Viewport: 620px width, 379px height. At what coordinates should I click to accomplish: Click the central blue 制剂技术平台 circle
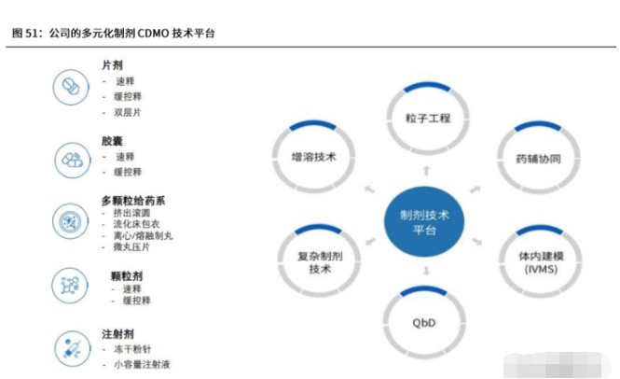pos(424,221)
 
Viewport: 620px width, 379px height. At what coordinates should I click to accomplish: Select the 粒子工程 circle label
pos(428,118)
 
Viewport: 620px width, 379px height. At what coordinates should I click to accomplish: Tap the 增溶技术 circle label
pos(313,157)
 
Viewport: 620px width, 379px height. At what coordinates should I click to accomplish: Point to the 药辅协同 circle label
pos(538,159)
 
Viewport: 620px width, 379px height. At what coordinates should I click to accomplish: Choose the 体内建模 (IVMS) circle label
pos(541,262)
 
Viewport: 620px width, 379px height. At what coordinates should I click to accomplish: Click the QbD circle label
pos(424,323)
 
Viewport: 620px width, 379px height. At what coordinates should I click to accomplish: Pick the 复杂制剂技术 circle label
pos(320,262)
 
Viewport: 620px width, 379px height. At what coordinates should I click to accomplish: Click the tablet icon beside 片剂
pos(71,87)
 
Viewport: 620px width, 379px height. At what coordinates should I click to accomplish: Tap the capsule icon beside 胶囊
pos(73,160)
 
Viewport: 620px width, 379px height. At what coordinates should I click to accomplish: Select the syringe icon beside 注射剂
pos(73,348)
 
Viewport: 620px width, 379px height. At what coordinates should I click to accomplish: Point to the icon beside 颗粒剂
pos(70,286)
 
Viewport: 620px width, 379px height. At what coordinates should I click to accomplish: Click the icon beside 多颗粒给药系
pos(70,221)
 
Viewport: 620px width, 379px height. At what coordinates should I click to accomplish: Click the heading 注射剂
pos(117,334)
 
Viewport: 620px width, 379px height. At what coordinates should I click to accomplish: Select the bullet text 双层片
pos(128,112)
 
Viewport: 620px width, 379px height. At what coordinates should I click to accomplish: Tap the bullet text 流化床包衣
pos(136,224)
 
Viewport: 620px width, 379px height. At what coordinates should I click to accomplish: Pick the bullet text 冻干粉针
pos(132,349)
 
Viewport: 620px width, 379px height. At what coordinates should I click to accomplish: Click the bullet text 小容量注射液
pos(142,364)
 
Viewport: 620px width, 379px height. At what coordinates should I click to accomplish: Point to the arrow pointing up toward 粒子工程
pos(426,171)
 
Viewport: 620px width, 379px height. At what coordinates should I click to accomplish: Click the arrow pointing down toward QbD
pos(426,271)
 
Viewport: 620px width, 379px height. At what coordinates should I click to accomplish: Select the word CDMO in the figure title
pos(153,34)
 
